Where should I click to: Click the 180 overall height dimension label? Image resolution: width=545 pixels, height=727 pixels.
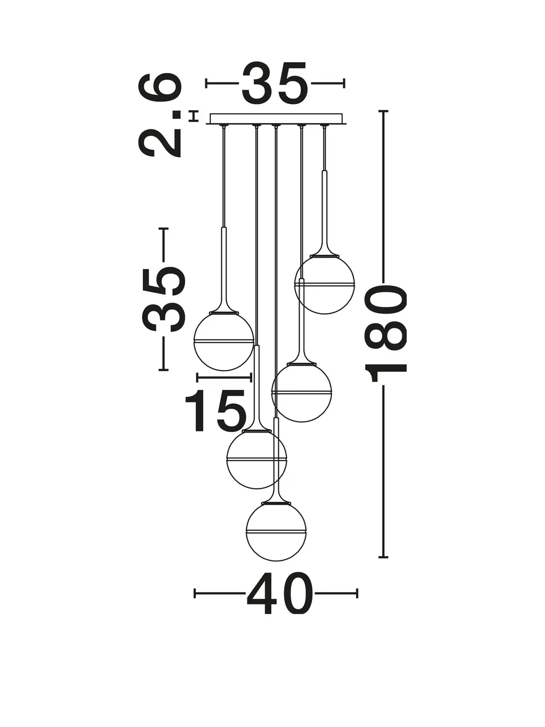386,333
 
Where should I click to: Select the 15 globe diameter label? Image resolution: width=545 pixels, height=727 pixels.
216,410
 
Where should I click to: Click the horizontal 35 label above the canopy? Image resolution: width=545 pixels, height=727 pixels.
275,83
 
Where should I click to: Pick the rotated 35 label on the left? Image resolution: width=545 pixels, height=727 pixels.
163,299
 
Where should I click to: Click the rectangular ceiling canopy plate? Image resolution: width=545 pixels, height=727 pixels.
276,119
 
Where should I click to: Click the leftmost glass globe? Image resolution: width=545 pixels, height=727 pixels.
224,341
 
